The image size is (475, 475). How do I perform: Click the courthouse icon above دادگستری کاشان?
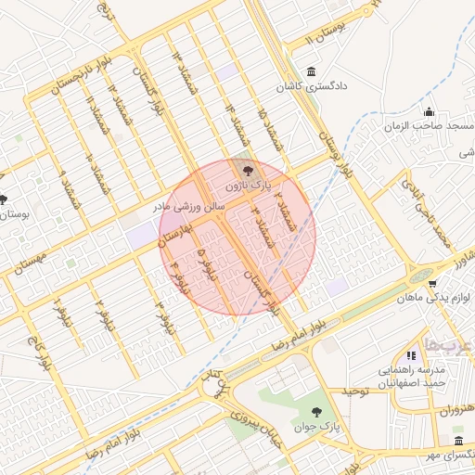point(309,72)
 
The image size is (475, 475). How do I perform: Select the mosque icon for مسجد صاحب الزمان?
point(428,111)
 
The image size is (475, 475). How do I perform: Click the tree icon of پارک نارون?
point(247,170)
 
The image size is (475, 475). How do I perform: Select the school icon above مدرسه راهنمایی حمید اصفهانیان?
point(409,354)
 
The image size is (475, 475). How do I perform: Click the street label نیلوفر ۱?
point(62,315)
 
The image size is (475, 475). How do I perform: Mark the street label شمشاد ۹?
point(70,185)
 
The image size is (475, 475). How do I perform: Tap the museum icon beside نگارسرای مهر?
point(458,440)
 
